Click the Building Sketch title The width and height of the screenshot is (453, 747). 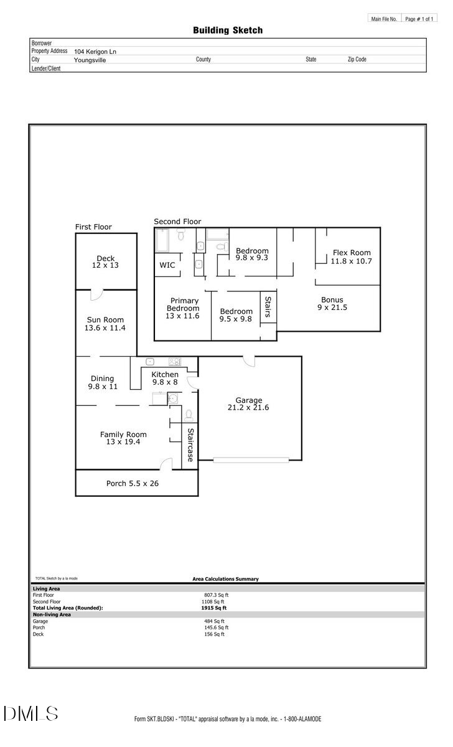point(227,30)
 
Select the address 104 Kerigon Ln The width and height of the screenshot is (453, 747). point(95,52)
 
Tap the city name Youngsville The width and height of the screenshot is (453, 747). point(90,60)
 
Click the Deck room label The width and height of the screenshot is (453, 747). point(106,258)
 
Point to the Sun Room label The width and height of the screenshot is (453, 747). point(106,320)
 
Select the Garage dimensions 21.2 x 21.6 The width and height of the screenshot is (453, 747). point(248,408)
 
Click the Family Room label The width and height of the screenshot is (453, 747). point(123,435)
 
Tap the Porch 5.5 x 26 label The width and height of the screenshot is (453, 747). point(132,482)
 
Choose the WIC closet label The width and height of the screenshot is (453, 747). point(167,265)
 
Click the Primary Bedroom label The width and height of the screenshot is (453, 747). point(183,304)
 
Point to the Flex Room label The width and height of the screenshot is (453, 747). point(351,253)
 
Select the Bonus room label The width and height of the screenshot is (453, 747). point(332,299)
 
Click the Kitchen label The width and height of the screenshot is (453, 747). point(165,374)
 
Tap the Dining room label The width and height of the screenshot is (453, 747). point(103,378)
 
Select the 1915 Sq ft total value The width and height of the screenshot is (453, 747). point(216,608)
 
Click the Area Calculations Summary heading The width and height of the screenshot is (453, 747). point(225,579)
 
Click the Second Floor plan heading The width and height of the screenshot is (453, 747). point(177,222)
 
